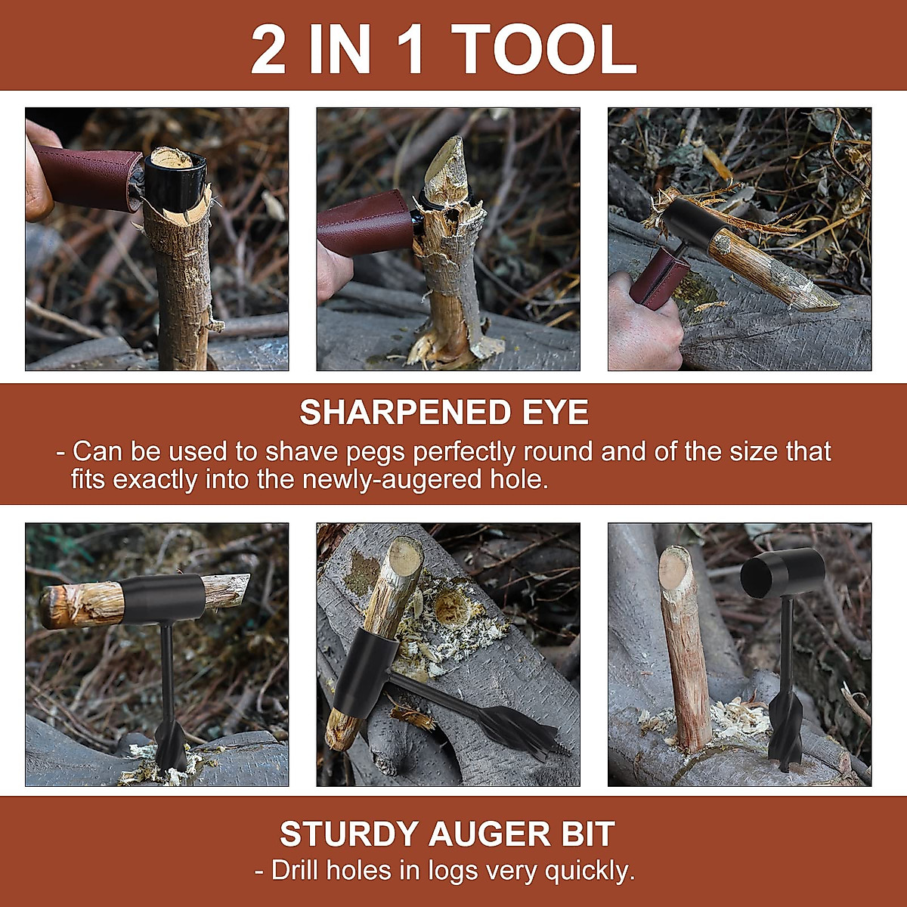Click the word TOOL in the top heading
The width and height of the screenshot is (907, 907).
[546, 50]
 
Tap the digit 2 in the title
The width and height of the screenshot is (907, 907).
[269, 50]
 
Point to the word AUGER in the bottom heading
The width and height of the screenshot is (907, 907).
[489, 834]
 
